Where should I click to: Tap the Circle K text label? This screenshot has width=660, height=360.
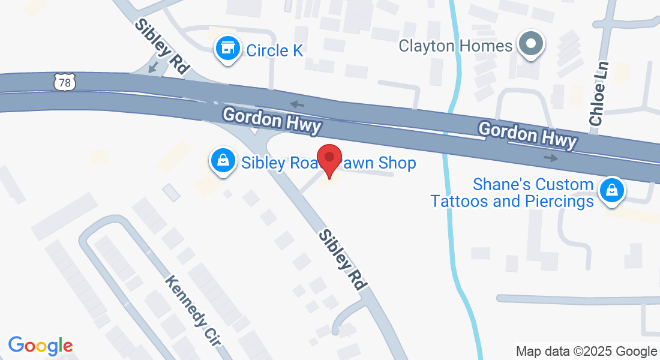275,50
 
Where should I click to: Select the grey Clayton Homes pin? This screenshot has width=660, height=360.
530,44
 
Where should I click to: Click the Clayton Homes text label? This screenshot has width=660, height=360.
456,46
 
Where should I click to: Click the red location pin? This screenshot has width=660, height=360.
329,158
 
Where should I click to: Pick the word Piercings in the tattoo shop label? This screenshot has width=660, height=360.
559,201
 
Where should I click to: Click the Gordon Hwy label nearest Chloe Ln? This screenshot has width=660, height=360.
527,134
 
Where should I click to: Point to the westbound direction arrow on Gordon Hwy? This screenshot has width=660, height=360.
295,104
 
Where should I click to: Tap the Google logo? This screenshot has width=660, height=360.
40,346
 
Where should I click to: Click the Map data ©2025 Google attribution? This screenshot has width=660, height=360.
586,352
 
